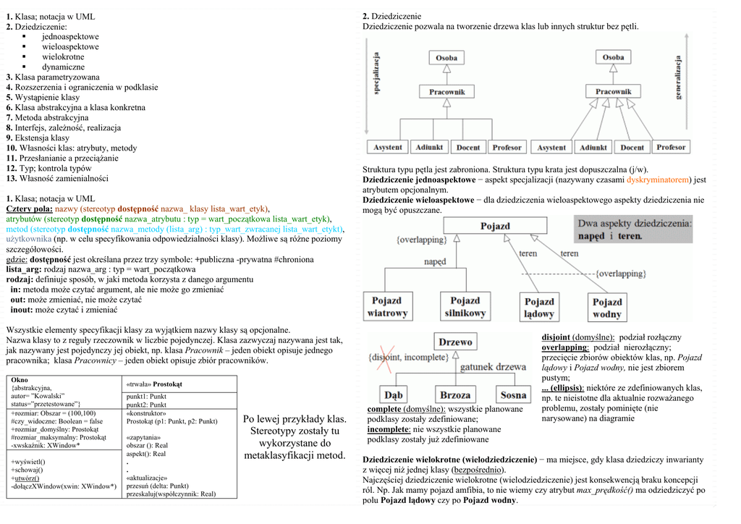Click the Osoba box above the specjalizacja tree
pyautogui.click(x=446, y=57)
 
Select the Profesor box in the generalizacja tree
pyautogui.click(x=671, y=147)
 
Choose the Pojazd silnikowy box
pyautogui.click(x=465, y=306)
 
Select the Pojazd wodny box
pyautogui.click(x=606, y=308)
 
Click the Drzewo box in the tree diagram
pyautogui.click(x=456, y=342)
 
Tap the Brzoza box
pyautogui.click(x=455, y=395)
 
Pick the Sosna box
pyautogui.click(x=513, y=395)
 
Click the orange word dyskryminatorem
pyautogui.click(x=657, y=179)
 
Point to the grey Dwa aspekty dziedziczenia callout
pyautogui.click(x=634, y=230)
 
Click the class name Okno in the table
pyautogui.click(x=20, y=380)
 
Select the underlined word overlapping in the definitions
pyautogui.click(x=564, y=347)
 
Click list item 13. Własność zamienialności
pyautogui.click(x=57, y=178)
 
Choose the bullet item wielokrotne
pyautogui.click(x=63, y=56)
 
